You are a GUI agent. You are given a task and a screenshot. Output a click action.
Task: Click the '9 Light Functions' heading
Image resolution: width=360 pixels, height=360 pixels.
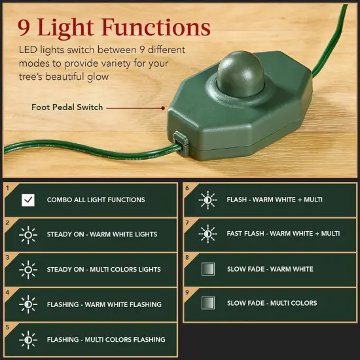[x=115, y=27]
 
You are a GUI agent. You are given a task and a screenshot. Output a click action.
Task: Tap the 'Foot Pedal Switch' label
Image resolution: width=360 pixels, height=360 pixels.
[x=67, y=107]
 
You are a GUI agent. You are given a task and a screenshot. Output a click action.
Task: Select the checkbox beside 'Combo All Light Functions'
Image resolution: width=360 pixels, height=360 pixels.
[x=28, y=200]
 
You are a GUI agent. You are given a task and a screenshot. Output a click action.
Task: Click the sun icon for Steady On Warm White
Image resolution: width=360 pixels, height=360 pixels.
[x=28, y=234]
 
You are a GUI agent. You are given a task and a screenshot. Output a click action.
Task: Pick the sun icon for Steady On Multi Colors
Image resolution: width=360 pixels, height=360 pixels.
[x=28, y=269]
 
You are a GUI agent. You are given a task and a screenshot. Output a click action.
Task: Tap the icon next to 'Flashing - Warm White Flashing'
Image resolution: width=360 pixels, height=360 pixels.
[x=28, y=304]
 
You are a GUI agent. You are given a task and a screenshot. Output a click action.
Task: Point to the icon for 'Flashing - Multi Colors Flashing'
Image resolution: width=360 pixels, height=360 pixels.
[x=28, y=340]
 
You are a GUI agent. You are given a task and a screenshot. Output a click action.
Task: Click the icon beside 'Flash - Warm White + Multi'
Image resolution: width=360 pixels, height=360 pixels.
[x=208, y=199]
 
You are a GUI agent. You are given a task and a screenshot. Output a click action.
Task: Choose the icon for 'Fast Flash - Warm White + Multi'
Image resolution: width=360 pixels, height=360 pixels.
[x=208, y=234]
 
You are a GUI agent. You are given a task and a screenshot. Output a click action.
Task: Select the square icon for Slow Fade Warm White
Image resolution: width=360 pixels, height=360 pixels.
[x=208, y=269]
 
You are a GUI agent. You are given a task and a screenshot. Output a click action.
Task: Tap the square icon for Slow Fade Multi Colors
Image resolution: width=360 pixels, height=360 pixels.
[x=208, y=303]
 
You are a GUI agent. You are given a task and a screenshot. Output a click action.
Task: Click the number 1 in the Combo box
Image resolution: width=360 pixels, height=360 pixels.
[x=7, y=187]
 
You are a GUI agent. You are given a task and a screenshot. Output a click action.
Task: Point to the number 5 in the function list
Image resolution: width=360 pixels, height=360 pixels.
[x=7, y=327]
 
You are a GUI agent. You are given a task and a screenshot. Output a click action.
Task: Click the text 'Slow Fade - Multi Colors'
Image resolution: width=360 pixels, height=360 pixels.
[x=272, y=303]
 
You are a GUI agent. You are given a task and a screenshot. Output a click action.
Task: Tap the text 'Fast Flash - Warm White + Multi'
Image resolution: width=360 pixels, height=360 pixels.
[x=283, y=234]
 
